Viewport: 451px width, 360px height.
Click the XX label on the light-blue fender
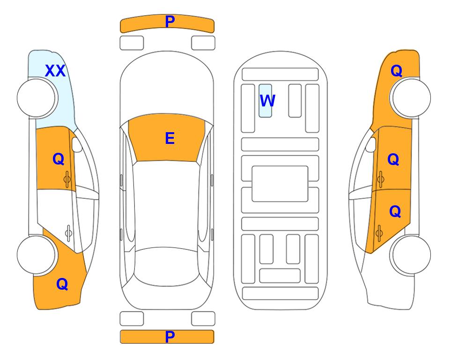click(x=55, y=71)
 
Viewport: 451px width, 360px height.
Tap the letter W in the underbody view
click(x=267, y=101)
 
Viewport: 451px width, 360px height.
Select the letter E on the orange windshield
click(x=170, y=138)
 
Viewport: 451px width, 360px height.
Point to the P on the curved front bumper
click(x=170, y=22)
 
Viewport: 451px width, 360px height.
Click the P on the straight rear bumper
click(x=170, y=337)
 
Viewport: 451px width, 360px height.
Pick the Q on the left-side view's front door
click(x=59, y=159)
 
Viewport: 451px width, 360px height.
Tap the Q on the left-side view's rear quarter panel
click(x=62, y=284)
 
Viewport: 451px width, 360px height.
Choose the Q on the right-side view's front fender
click(x=396, y=71)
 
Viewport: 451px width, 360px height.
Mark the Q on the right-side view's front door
click(x=393, y=159)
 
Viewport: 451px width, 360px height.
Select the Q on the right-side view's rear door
click(x=395, y=212)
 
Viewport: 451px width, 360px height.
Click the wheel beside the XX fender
click(x=37, y=98)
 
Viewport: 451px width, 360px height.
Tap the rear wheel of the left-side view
click(x=37, y=255)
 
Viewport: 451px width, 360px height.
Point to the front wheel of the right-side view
click(x=411, y=98)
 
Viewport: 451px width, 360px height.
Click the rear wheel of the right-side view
click(x=411, y=255)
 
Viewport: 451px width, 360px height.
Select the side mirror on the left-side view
click(x=76, y=144)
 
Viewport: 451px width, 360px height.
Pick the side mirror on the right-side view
click(x=371, y=144)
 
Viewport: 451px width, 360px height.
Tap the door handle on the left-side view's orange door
click(x=67, y=179)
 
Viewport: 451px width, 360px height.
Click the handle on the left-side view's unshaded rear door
click(x=68, y=233)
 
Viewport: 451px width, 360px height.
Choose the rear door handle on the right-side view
click(x=379, y=233)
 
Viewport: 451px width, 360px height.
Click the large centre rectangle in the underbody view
click(x=280, y=184)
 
